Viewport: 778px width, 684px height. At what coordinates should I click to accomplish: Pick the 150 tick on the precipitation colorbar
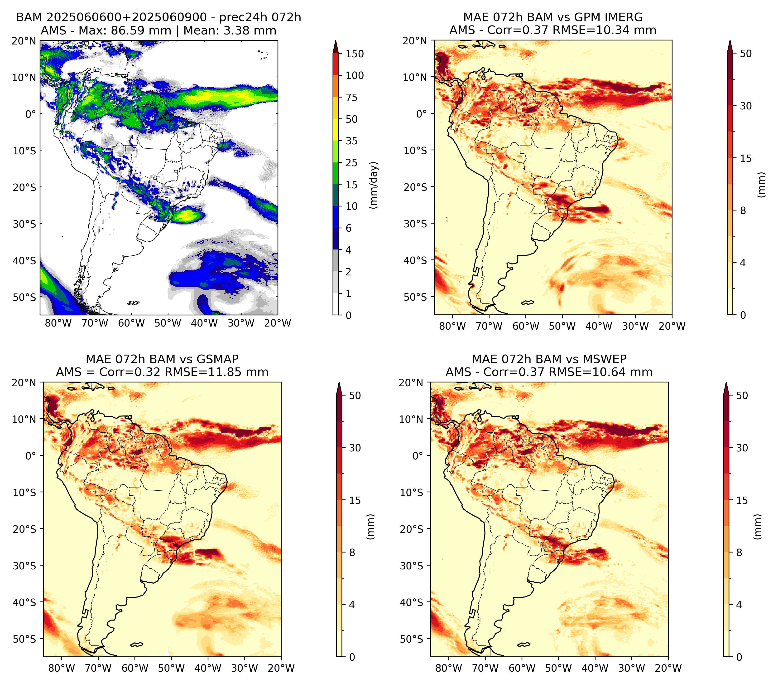coord(355,54)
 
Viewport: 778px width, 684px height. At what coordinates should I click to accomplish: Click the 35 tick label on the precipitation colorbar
coord(352,141)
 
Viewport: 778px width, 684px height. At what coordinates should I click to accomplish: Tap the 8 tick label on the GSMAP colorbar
coord(352,553)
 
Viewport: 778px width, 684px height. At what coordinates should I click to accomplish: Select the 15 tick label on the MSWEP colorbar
coord(742,500)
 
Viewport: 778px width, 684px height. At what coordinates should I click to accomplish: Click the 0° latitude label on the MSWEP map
coord(418,456)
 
